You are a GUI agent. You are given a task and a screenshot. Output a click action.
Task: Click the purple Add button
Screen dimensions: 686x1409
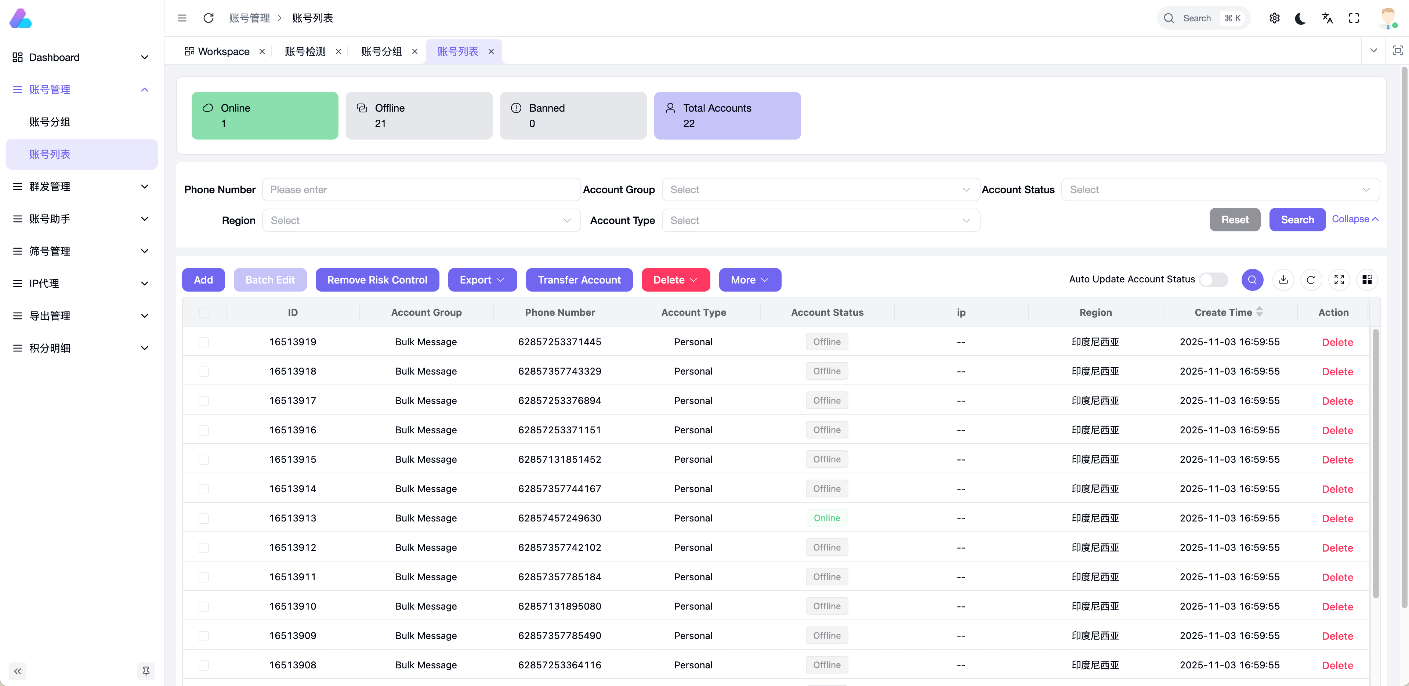pyautogui.click(x=203, y=279)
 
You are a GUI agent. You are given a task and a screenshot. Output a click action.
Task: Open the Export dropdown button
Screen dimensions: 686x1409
pyautogui.click(x=482, y=279)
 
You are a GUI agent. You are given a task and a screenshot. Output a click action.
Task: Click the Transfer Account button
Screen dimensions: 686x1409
pyautogui.click(x=579, y=279)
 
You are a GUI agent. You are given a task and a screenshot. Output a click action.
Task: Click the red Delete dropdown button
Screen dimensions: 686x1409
pyautogui.click(x=675, y=279)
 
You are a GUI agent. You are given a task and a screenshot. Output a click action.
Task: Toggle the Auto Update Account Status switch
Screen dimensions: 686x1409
pyautogui.click(x=1213, y=279)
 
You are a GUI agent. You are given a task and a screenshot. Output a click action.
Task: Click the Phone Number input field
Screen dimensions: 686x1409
pyautogui.click(x=421, y=189)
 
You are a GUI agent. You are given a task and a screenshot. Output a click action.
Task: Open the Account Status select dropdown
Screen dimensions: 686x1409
pyautogui.click(x=1220, y=189)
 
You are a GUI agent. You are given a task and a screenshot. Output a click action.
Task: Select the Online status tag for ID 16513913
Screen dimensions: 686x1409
pyautogui.click(x=826, y=518)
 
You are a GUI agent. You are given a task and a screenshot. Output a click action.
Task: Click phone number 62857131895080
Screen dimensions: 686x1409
pyautogui.click(x=559, y=606)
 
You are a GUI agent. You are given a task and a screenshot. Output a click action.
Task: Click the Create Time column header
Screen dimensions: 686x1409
pyautogui.click(x=1223, y=313)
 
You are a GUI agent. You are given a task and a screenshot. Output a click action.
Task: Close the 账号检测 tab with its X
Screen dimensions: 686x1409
pyautogui.click(x=338, y=51)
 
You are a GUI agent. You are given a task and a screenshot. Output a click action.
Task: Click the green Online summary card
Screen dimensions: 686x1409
pyautogui.click(x=265, y=115)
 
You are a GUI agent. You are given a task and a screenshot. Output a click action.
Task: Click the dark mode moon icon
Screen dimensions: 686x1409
pyautogui.click(x=1300, y=18)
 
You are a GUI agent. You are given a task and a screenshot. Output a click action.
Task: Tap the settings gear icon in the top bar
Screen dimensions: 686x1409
pyautogui.click(x=1274, y=18)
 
